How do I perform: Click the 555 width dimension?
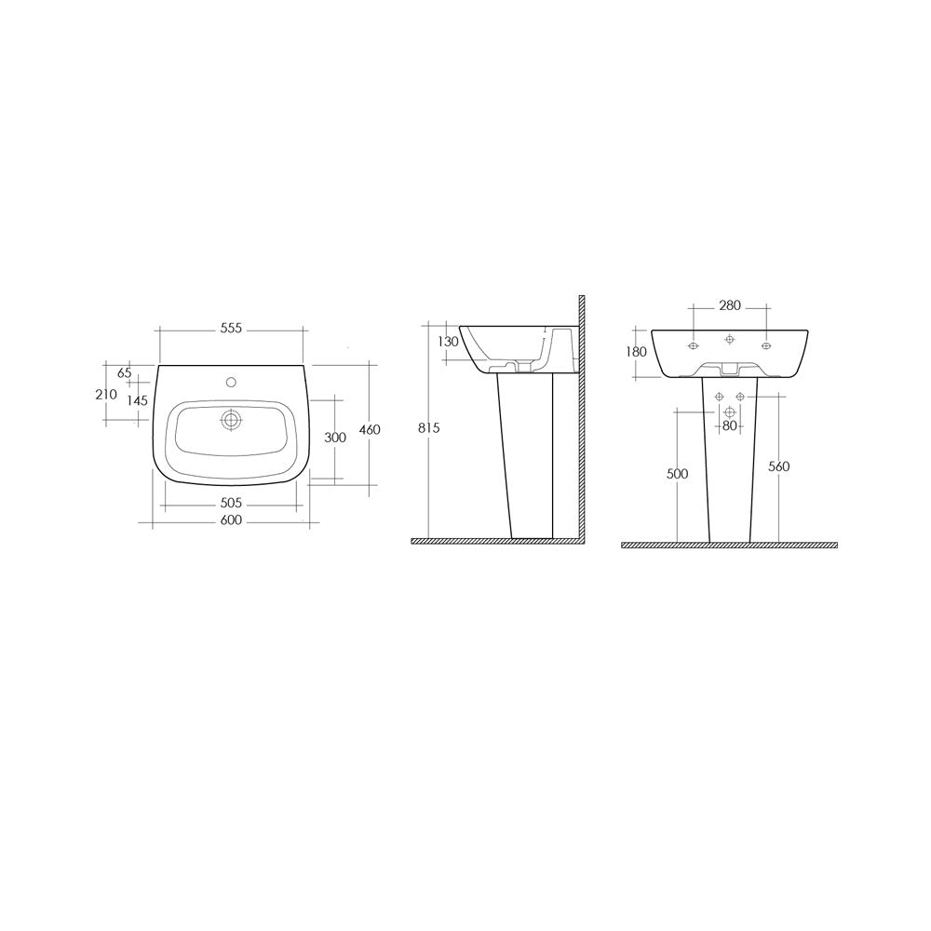pos(231,329)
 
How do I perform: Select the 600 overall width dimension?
pos(231,520)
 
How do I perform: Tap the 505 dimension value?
pos(231,504)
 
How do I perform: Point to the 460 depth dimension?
pos(370,430)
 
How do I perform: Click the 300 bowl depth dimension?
pos(334,438)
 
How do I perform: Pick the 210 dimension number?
pos(106,394)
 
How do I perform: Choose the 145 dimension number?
pos(137,399)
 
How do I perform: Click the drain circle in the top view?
pos(231,421)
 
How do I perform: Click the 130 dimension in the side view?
pos(449,342)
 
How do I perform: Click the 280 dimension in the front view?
pos(729,305)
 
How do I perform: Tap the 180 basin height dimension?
pos(635,352)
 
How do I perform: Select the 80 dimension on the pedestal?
pos(729,426)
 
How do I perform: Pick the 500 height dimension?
pos(678,474)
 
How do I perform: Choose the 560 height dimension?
pos(779,466)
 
